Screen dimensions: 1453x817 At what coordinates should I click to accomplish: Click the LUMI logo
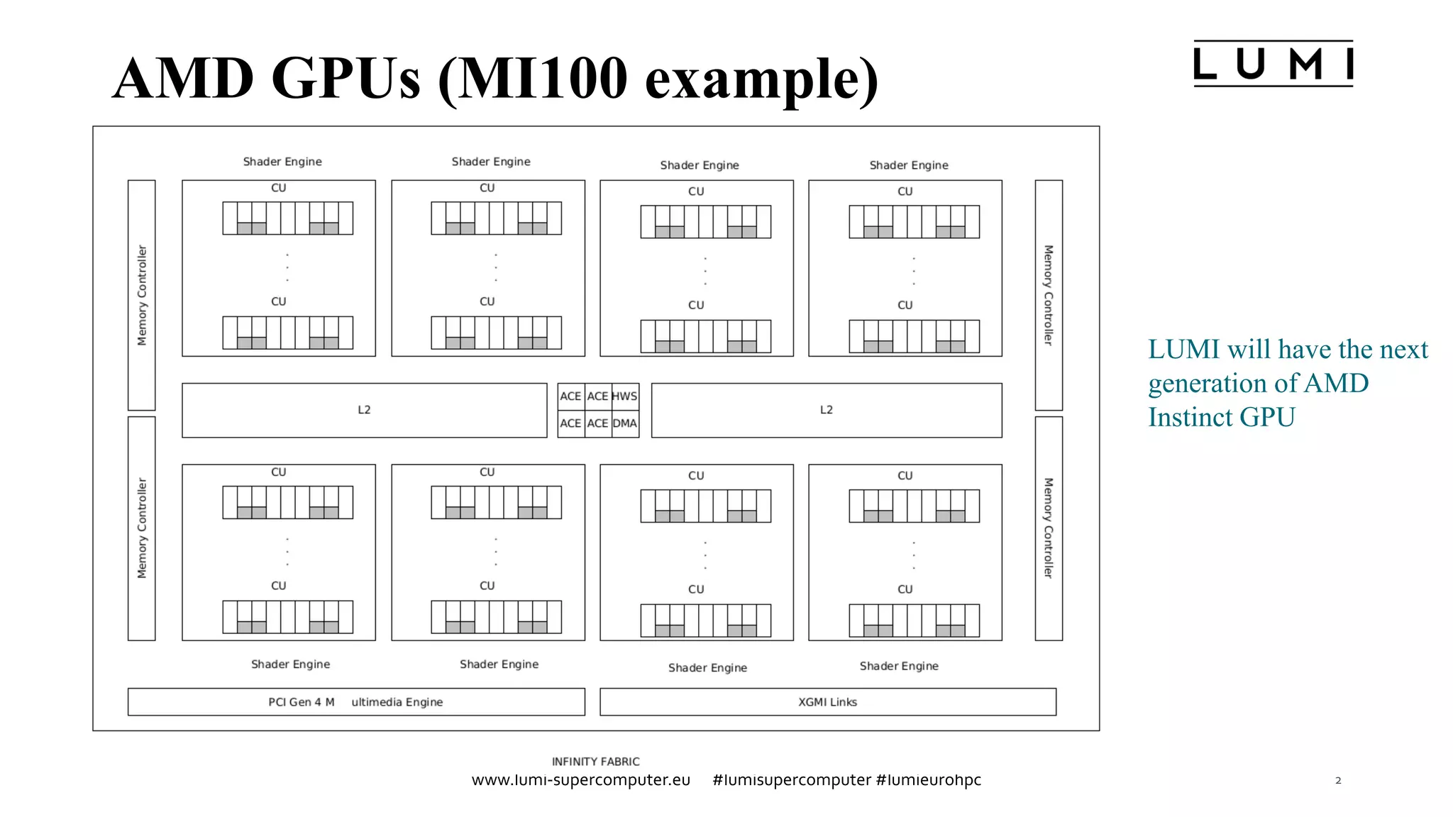[1273, 64]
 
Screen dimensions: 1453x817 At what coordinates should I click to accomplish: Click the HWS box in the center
[625, 396]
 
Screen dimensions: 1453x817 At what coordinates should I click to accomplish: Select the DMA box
[625, 423]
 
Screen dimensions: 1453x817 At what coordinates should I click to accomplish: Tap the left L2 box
[364, 410]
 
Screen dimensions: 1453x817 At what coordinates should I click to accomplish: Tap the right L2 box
[827, 410]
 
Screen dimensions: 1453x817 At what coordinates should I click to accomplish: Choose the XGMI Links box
[827, 701]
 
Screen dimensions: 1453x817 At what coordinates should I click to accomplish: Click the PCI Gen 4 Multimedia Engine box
[355, 701]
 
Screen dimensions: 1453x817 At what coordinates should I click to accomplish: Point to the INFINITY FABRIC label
[595, 761]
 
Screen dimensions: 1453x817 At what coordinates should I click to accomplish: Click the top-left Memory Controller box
[142, 295]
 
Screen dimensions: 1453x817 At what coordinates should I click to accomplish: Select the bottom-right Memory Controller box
[1049, 528]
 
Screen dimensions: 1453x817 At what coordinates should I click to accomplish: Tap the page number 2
[1338, 780]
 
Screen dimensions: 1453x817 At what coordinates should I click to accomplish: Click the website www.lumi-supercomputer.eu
[580, 780]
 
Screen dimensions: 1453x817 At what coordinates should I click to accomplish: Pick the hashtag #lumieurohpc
[928, 780]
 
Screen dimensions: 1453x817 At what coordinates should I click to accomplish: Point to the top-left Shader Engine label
[282, 162]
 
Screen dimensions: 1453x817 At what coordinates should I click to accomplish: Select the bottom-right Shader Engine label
[899, 666]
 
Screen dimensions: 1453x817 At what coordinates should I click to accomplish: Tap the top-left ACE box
[570, 396]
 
